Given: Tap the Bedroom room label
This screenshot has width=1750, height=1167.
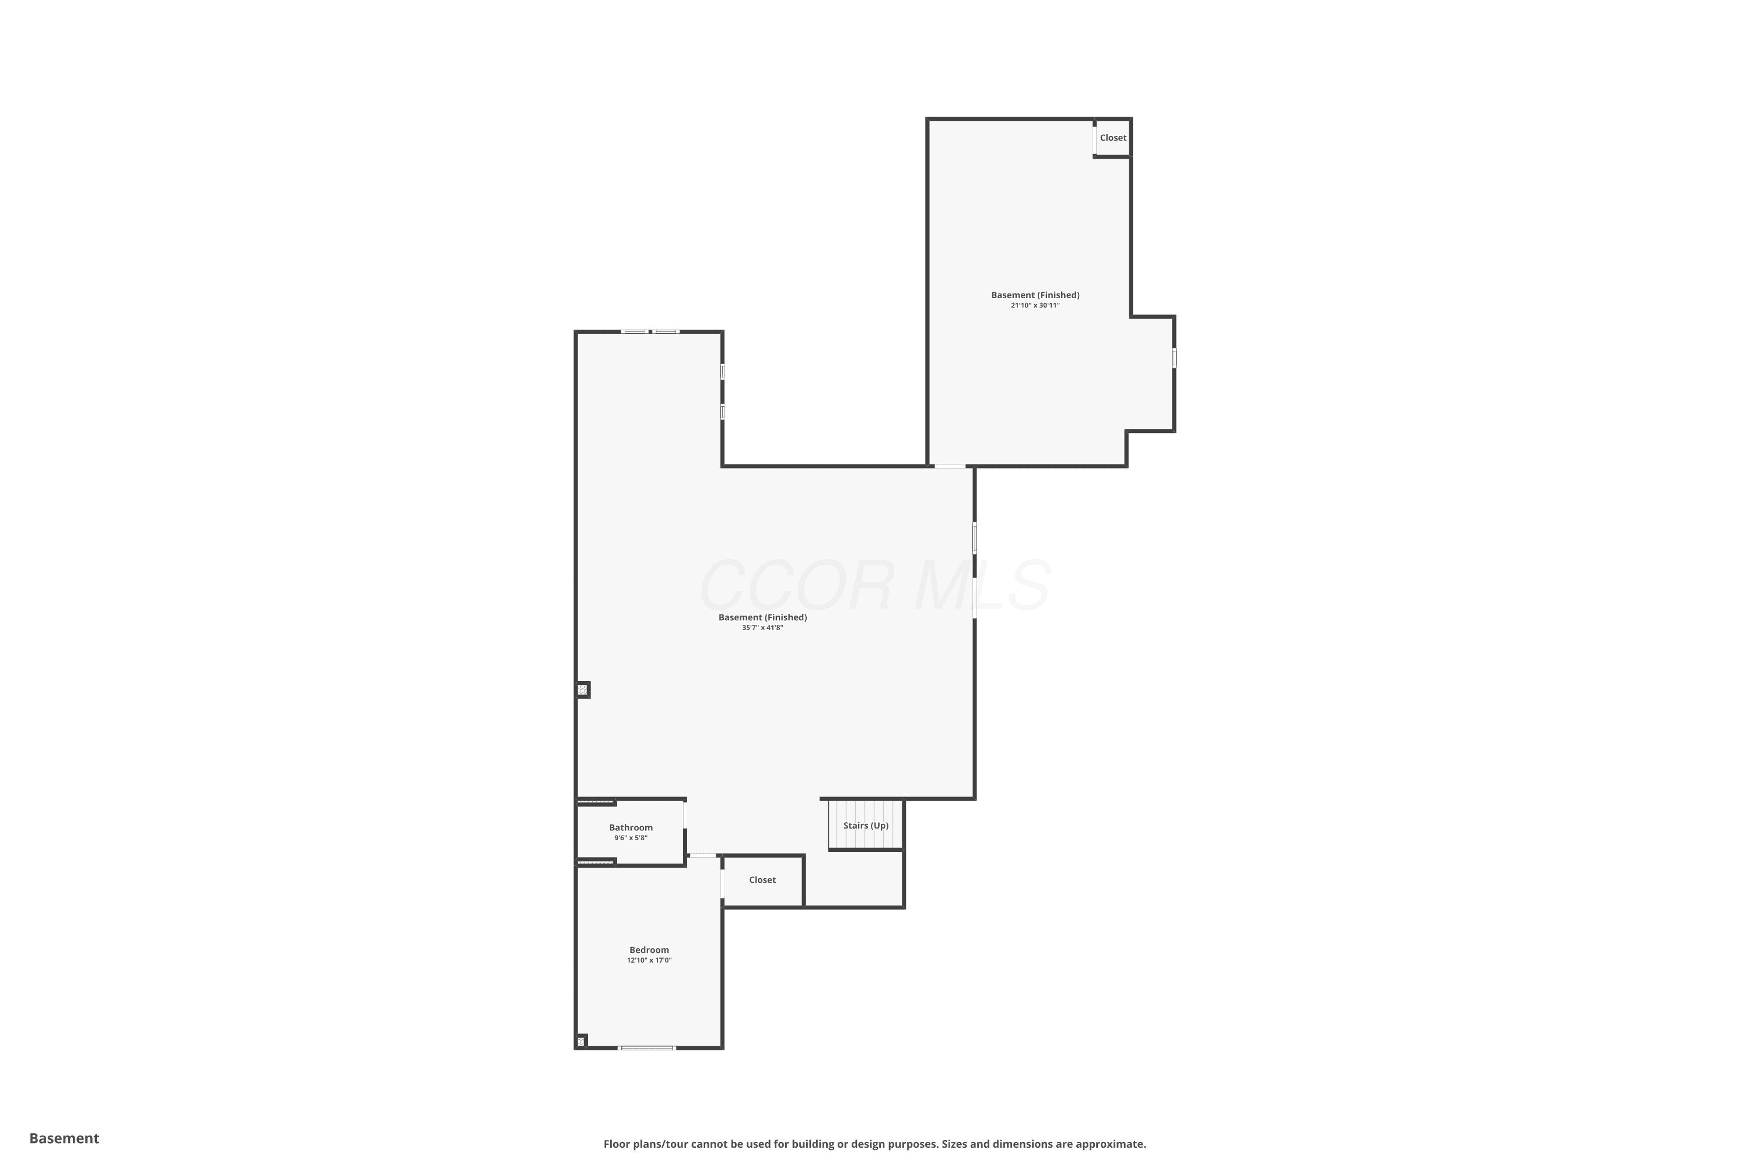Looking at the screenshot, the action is tap(649, 950).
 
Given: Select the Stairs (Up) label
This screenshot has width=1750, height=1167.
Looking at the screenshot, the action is tap(865, 826).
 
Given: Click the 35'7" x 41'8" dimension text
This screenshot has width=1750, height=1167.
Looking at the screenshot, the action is tap(762, 627).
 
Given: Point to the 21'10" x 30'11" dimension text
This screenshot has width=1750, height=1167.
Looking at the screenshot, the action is tap(1035, 305).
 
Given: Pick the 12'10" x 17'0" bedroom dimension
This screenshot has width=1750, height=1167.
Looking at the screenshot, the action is tap(649, 960).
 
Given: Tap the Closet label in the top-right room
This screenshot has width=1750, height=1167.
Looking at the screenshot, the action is tap(1113, 138).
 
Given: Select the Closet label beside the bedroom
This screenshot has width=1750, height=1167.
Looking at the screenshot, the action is tap(762, 880).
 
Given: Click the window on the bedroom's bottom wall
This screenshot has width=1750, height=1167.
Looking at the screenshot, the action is tap(646, 1048).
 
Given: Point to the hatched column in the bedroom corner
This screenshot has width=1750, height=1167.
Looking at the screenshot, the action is tap(581, 1041).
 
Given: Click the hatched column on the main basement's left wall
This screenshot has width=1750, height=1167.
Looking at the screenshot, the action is tap(583, 690).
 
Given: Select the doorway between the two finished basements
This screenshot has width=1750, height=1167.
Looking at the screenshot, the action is tap(950, 466).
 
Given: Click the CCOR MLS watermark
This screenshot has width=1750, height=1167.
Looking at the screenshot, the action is tap(875, 586).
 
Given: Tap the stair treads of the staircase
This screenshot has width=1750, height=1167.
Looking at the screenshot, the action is tap(865, 824).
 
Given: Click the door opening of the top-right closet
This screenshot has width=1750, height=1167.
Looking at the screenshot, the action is tap(1094, 140).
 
